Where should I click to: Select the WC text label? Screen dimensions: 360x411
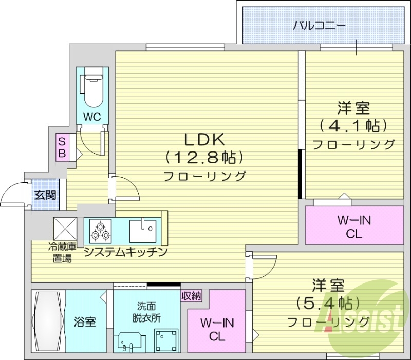click(92, 117)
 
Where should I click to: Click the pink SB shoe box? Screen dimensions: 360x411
click(62, 147)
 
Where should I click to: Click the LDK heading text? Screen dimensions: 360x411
click(204, 139)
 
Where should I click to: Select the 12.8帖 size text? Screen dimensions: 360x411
click(204, 156)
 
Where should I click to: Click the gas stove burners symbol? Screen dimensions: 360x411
click(100, 230)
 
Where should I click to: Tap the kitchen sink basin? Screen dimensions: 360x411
click(143, 230)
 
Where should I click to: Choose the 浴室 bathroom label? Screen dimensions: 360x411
click(85, 322)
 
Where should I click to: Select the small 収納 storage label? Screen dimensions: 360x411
click(191, 295)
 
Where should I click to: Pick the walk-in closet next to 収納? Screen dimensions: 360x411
click(216, 330)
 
